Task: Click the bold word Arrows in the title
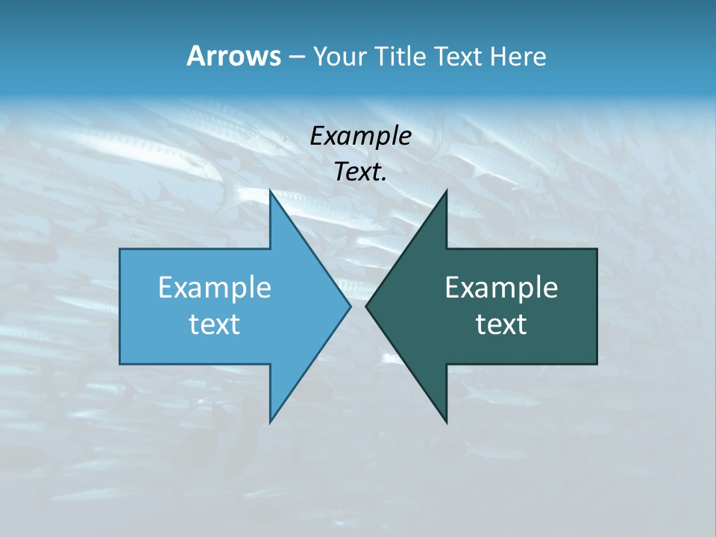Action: (x=233, y=56)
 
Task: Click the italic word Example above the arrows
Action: (x=360, y=136)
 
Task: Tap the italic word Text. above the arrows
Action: (x=360, y=172)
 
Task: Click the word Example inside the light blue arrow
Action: (x=215, y=287)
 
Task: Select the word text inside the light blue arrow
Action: (x=215, y=324)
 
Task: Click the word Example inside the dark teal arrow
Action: (x=501, y=287)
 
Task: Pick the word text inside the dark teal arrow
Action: (x=501, y=324)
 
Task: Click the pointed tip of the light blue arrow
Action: (x=348, y=306)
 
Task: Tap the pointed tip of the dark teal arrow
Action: (x=368, y=306)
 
